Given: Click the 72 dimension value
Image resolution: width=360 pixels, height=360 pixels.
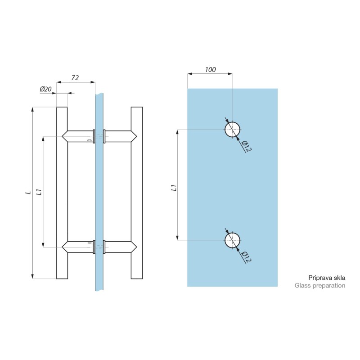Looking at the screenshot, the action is coord(75,78).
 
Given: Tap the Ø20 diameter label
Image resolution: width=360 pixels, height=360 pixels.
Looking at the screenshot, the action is coord(46,89).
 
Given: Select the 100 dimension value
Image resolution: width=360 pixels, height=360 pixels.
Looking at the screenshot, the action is coord(210,70).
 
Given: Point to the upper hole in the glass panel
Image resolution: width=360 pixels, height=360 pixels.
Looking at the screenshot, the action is coord(232,130).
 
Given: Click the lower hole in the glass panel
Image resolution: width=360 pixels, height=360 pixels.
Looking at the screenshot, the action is coord(232,240).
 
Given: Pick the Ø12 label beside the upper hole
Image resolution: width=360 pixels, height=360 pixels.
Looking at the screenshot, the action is coord(247,146).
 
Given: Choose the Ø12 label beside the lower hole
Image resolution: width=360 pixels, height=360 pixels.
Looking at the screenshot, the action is coord(247,257).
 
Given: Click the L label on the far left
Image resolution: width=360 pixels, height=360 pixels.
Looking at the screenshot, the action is coord(28,193).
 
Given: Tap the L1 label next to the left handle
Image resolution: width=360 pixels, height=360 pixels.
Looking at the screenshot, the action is coord(39,192).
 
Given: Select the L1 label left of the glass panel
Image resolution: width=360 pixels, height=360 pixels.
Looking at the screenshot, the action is coord(174,188).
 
